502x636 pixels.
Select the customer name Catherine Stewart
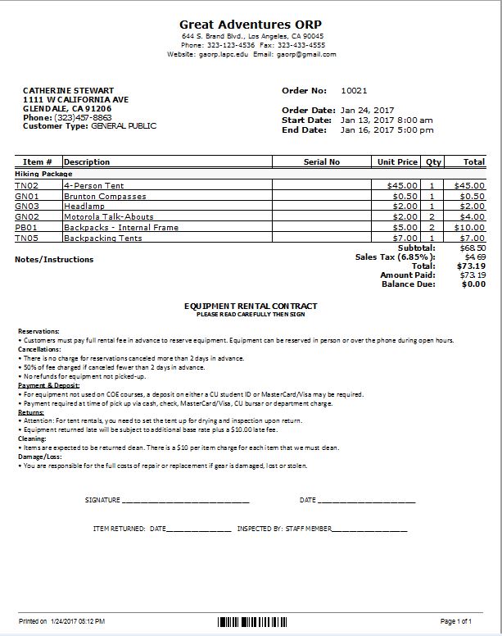pos(68,90)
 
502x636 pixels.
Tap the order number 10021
pos(355,90)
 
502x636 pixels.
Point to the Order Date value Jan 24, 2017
pos(368,110)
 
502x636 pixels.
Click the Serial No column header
pos(321,162)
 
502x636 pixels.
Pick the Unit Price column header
pos(397,162)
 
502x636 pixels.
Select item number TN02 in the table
pos(27,186)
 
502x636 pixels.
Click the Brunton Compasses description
pos(105,197)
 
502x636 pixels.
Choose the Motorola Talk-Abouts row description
pos(109,217)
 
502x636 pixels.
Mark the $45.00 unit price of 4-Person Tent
pos(402,186)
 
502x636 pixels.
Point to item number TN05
pos(27,238)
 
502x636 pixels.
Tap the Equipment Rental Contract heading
pos(251,307)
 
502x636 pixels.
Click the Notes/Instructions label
pos(54,260)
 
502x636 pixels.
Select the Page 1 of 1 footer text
pos(456,622)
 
